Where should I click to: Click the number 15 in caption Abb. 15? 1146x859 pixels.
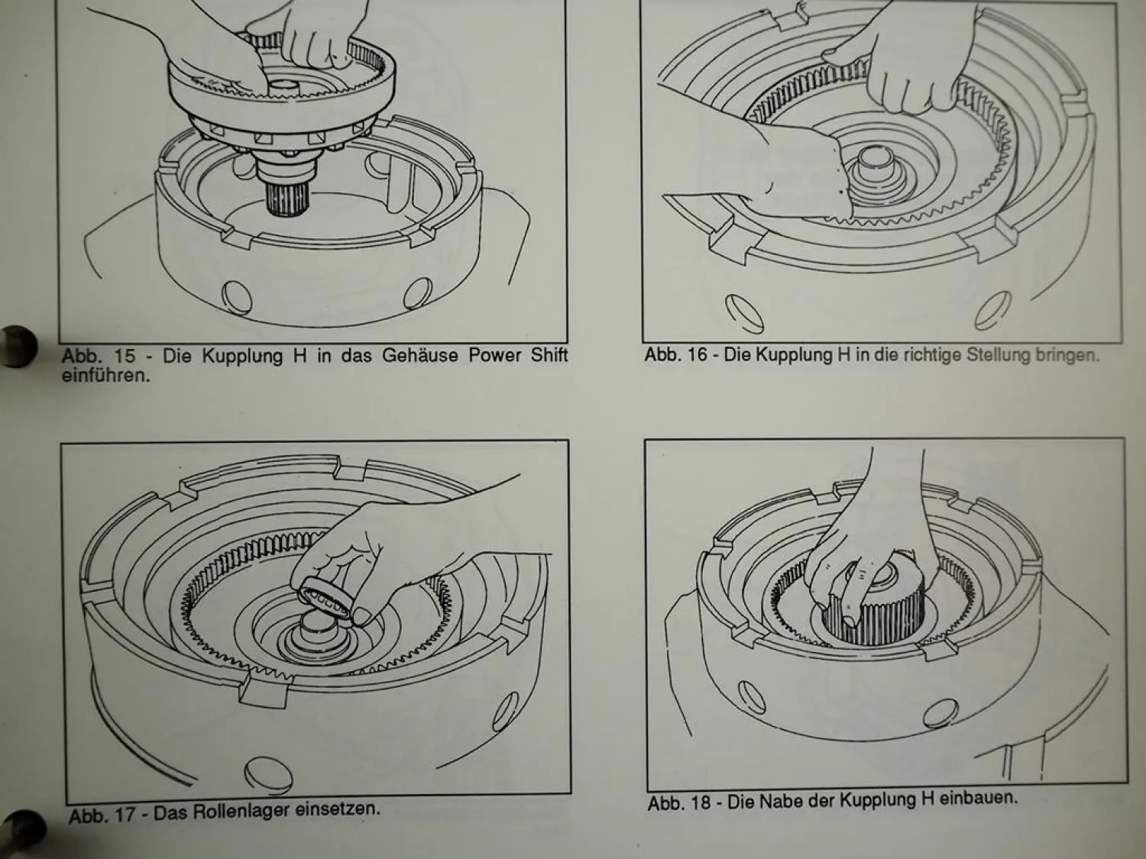(x=125, y=357)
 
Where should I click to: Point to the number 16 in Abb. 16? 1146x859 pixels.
(x=695, y=355)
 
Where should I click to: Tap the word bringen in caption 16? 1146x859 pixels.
(x=1067, y=355)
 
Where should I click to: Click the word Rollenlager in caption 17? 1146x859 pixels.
(x=241, y=812)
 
